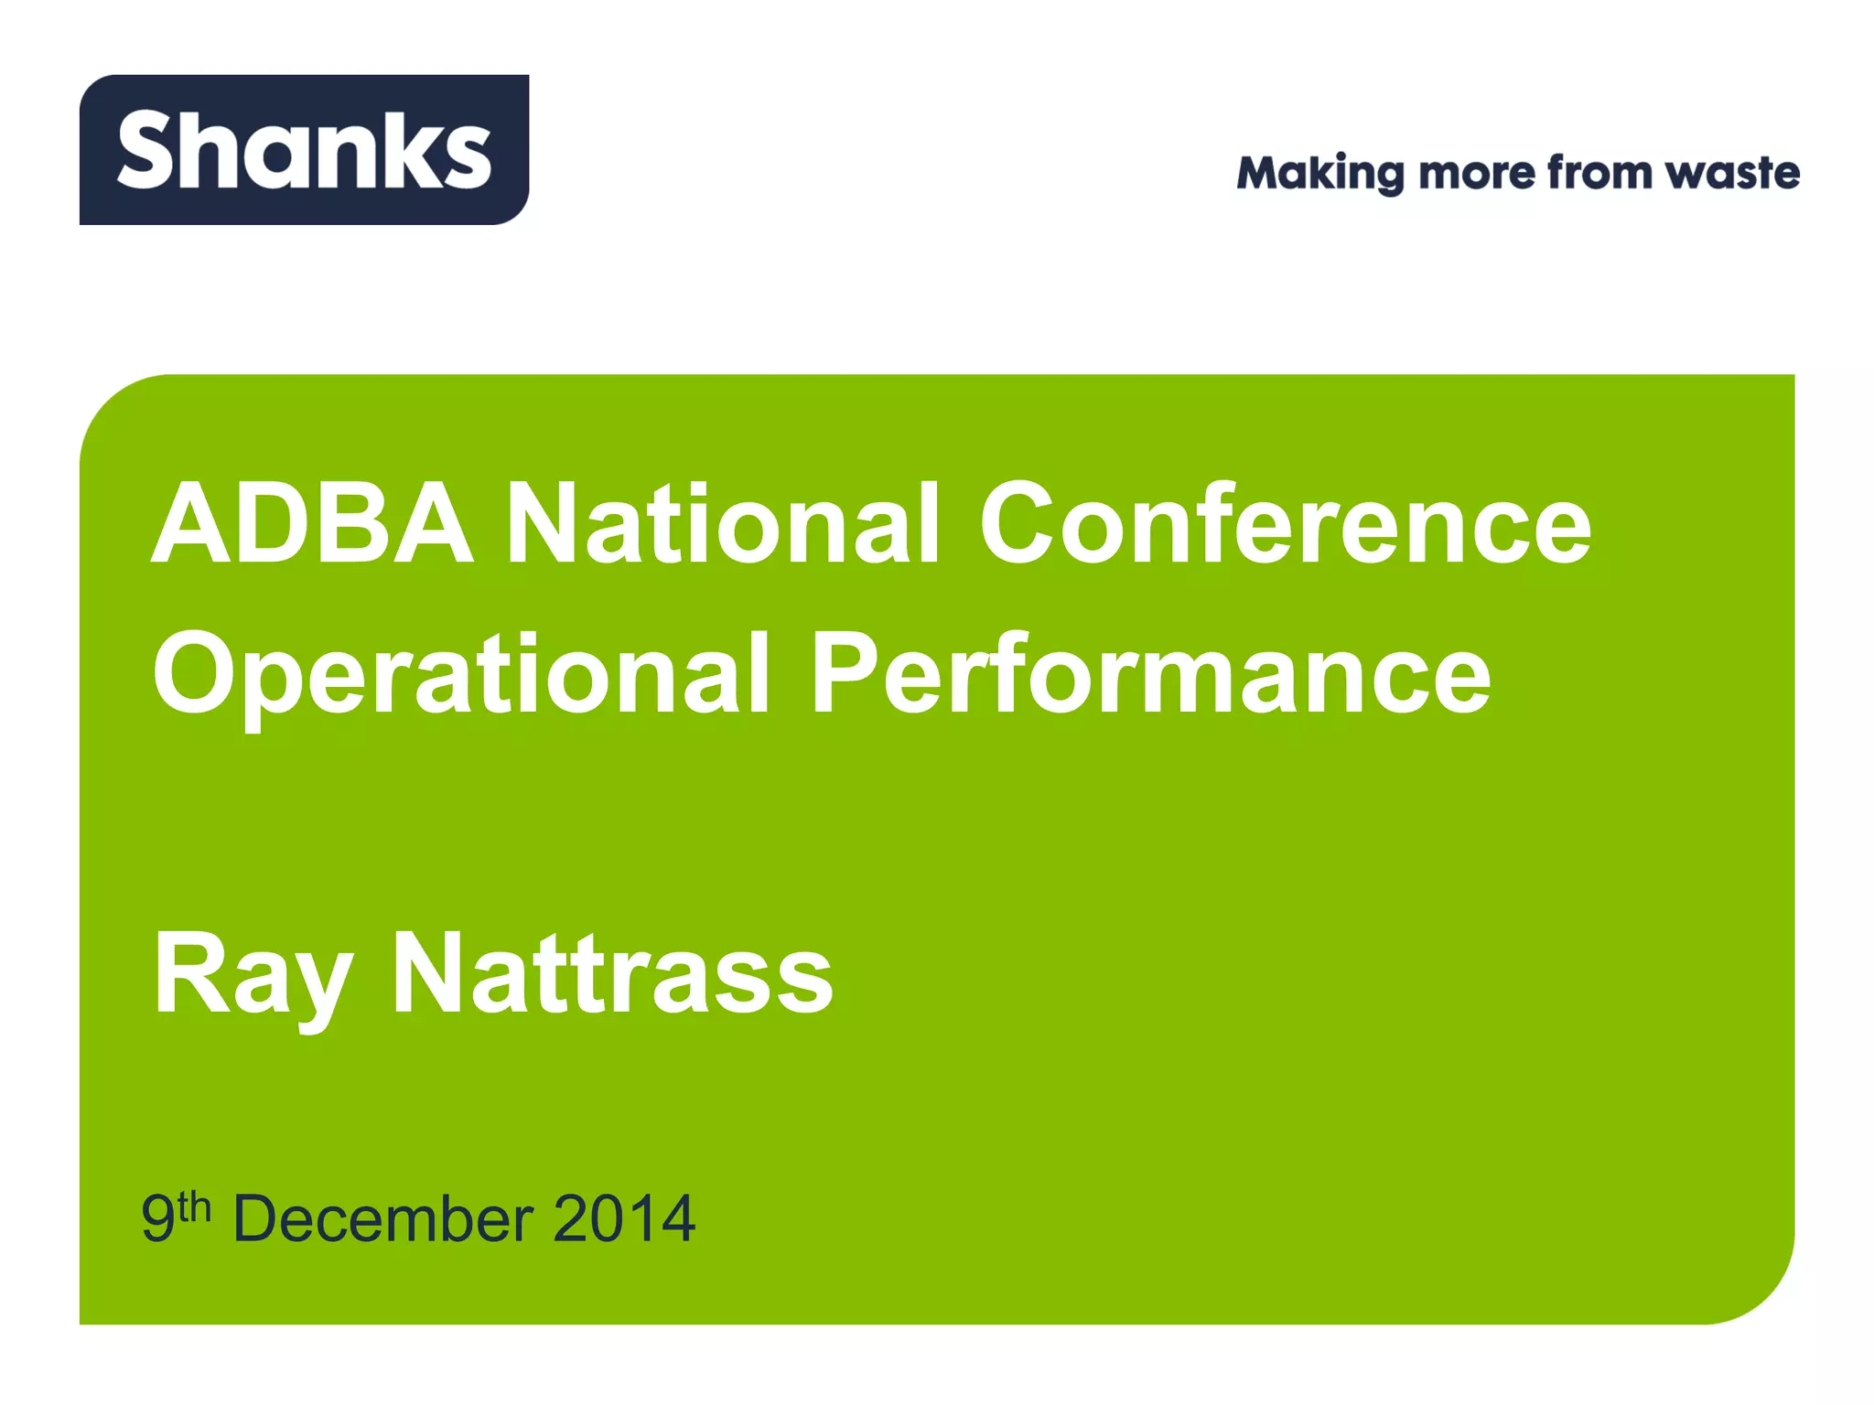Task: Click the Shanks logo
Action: pyautogui.click(x=304, y=150)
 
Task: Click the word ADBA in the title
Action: pyautogui.click(x=312, y=524)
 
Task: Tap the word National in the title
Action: pyautogui.click(x=722, y=524)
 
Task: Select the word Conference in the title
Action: pyautogui.click(x=1285, y=524)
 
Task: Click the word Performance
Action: pyautogui.click(x=1150, y=675)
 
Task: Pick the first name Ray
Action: pyautogui.click(x=253, y=975)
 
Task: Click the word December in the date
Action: pyautogui.click(x=383, y=1219)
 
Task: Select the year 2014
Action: pyautogui.click(x=624, y=1219)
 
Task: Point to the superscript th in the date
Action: pyautogui.click(x=194, y=1207)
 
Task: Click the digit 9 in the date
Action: pyautogui.click(x=157, y=1219)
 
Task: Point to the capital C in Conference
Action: pyautogui.click(x=1022, y=524)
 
